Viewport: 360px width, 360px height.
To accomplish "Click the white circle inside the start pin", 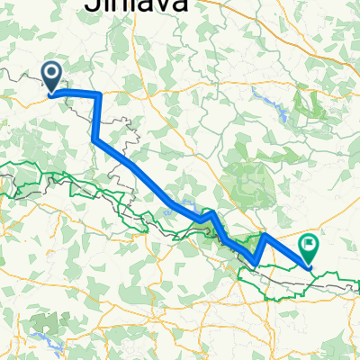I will click(51, 71).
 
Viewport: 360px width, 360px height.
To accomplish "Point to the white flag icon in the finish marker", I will click(310, 242).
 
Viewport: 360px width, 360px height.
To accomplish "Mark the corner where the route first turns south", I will click(98, 94).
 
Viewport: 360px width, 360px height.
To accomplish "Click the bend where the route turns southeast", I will click(94, 139).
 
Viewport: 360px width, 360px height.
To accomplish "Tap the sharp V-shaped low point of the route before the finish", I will click(256, 265).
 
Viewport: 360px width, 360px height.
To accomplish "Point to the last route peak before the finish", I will click(265, 235).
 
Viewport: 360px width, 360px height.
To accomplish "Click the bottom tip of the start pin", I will click(51, 92).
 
